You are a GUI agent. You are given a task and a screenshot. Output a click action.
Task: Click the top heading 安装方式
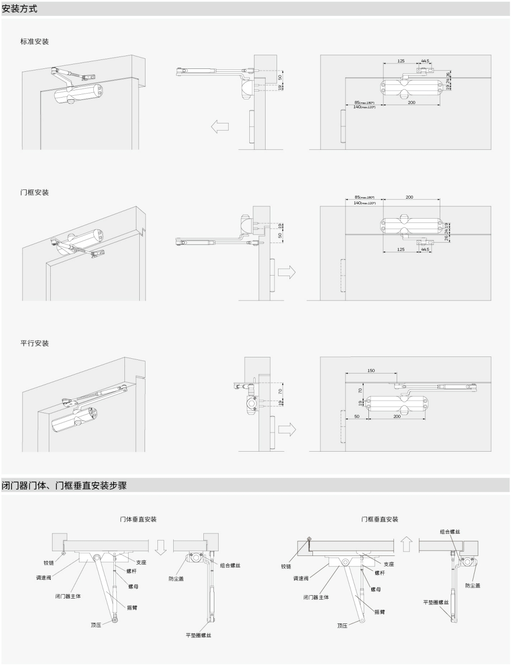point(20,9)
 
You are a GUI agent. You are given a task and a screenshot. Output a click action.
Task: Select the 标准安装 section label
point(34,42)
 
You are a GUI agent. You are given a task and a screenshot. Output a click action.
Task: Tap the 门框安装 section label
point(34,192)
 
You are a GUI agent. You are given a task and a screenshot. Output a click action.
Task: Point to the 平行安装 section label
point(34,344)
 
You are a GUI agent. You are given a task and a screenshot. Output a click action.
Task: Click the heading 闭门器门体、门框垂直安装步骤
point(64,486)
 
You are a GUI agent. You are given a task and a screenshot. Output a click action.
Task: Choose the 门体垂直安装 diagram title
point(138,519)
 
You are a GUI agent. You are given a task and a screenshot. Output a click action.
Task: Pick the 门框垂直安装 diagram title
point(380,519)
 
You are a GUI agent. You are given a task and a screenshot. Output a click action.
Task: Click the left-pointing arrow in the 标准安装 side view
point(220,127)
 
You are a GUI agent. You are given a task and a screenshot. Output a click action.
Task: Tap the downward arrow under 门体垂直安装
point(161,546)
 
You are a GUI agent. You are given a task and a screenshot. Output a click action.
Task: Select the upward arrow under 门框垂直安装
point(406,544)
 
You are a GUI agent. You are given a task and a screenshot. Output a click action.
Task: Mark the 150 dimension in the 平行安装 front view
point(371,370)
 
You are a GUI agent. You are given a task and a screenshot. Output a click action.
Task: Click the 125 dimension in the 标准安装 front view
point(401,61)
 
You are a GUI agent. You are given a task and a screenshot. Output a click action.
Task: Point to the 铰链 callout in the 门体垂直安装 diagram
point(49,563)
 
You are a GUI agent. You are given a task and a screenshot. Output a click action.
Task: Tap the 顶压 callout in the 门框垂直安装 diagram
point(342,625)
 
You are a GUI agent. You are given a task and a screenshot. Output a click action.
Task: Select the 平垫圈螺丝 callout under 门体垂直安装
point(199,635)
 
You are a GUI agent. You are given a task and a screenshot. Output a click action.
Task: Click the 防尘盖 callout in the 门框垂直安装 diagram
point(473,586)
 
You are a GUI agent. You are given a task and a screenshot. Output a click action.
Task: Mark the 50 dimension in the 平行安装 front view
point(357,417)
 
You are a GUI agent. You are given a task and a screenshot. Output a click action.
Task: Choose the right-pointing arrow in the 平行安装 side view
point(287,429)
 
